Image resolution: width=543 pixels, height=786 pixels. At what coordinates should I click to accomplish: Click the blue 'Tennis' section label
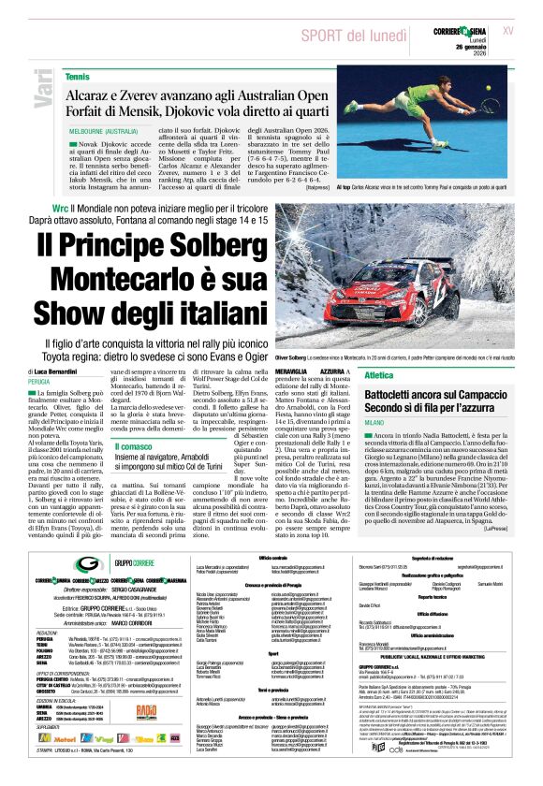[x=78, y=75]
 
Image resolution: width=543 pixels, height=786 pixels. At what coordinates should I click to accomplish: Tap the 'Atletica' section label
[x=379, y=374]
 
